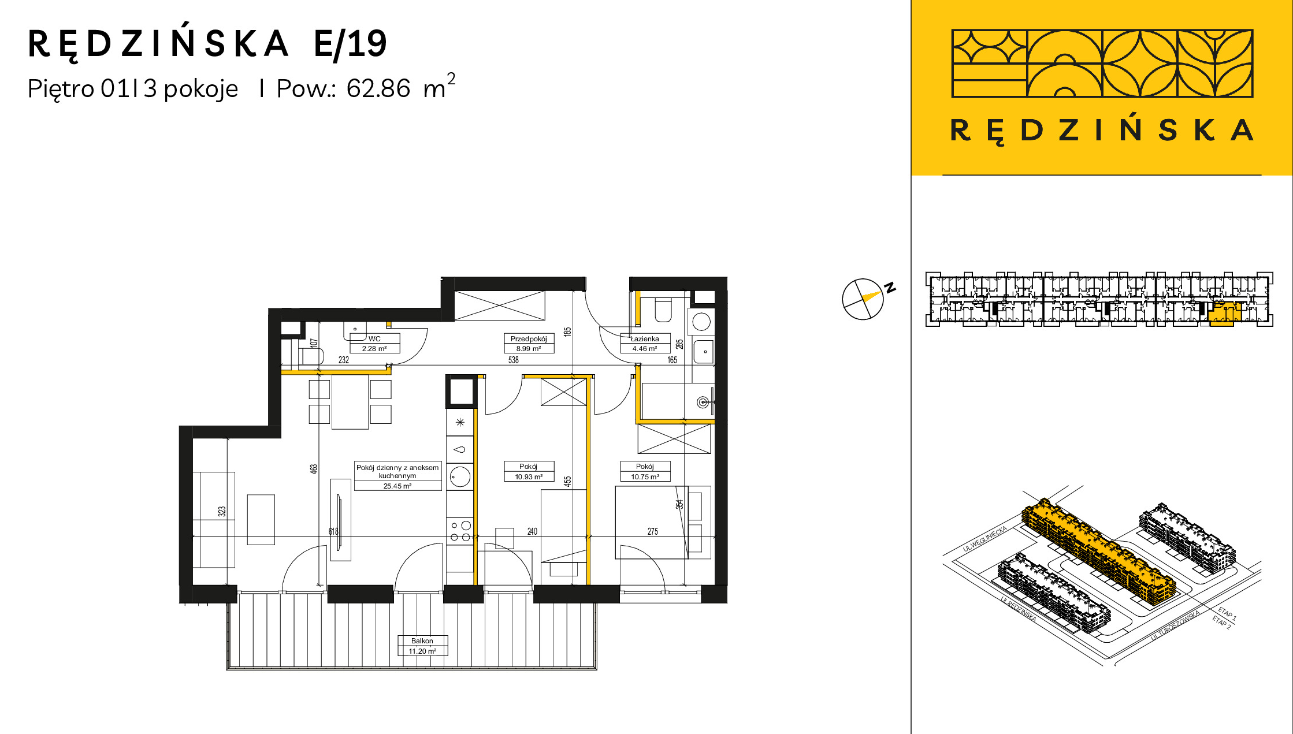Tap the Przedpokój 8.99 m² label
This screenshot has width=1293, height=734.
click(529, 344)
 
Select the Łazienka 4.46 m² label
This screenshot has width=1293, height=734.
click(645, 344)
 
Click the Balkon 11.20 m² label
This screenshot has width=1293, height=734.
click(422, 646)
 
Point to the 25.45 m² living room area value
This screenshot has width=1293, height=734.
click(397, 486)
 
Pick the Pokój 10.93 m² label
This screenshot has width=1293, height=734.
click(529, 471)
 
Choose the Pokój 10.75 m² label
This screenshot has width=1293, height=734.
click(645, 471)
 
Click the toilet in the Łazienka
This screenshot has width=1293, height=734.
click(663, 310)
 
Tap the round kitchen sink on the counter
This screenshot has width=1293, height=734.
click(460, 477)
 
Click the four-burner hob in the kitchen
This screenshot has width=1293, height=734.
click(460, 531)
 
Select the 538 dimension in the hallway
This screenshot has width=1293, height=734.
click(514, 360)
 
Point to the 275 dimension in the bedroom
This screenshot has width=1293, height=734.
click(653, 531)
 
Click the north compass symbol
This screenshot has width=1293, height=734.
click(863, 299)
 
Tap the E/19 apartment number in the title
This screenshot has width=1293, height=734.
click(350, 44)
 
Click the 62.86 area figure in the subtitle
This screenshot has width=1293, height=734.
click(378, 88)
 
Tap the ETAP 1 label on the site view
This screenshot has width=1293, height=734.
click(1227, 613)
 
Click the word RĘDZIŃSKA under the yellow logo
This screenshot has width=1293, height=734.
click(1102, 131)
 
